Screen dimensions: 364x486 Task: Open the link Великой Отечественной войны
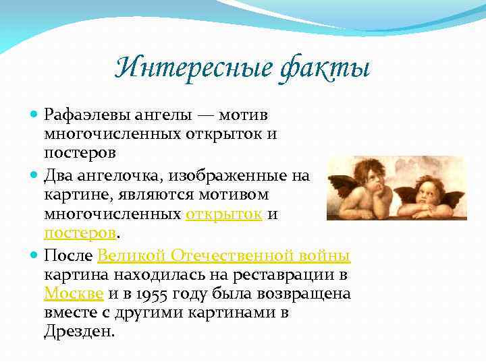coord(224,256)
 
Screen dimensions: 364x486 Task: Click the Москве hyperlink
coord(73,294)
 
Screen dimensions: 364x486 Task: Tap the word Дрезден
coord(78,332)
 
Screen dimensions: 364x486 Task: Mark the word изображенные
coord(229,176)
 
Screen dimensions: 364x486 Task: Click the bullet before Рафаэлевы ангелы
coord(34,115)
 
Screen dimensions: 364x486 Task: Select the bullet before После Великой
coord(34,257)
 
